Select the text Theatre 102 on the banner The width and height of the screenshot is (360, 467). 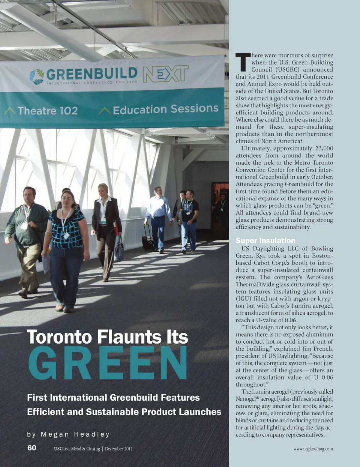pyautogui.click(x=48, y=111)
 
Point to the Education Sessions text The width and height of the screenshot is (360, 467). pyautogui.click(x=165, y=109)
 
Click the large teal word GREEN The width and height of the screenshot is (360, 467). pyautogui.click(x=108, y=363)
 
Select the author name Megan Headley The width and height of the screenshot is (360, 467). pyautogui.click(x=75, y=434)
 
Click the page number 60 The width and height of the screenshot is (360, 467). pyautogui.click(x=32, y=448)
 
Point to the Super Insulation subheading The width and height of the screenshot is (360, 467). pyautogui.click(x=265, y=241)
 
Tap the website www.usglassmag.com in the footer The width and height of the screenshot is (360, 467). pyautogui.click(x=313, y=449)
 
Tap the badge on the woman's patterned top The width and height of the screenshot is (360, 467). pyautogui.click(x=66, y=236)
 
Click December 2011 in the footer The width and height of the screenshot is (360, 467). pyautogui.click(x=118, y=449)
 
